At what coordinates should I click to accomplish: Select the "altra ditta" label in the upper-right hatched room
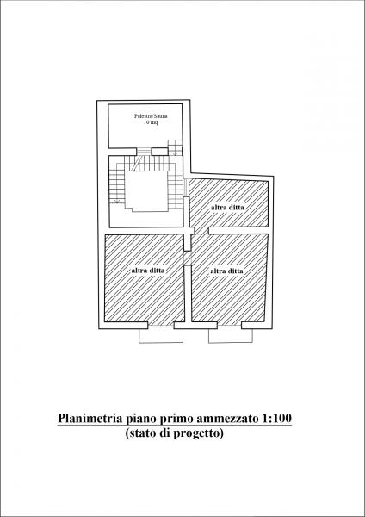(x=227, y=208)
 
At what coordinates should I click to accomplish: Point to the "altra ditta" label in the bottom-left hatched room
(x=148, y=271)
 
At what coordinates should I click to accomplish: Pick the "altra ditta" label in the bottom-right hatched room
(x=226, y=271)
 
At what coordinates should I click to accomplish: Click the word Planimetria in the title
(x=90, y=419)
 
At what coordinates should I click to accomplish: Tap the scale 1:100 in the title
(x=277, y=419)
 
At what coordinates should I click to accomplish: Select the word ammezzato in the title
(x=228, y=419)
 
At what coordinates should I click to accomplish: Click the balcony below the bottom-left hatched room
(x=161, y=336)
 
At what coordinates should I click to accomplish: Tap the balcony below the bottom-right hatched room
(x=231, y=336)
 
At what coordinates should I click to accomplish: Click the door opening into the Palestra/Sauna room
(x=144, y=152)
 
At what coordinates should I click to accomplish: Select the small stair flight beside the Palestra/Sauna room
(x=175, y=147)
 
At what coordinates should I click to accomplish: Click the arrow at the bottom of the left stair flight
(x=116, y=200)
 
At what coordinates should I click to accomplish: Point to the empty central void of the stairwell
(x=146, y=191)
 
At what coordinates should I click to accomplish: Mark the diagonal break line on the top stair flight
(x=138, y=163)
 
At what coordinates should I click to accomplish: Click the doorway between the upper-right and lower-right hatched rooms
(x=201, y=230)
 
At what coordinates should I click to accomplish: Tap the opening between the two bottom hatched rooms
(x=188, y=258)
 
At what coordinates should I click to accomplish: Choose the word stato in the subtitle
(x=139, y=433)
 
